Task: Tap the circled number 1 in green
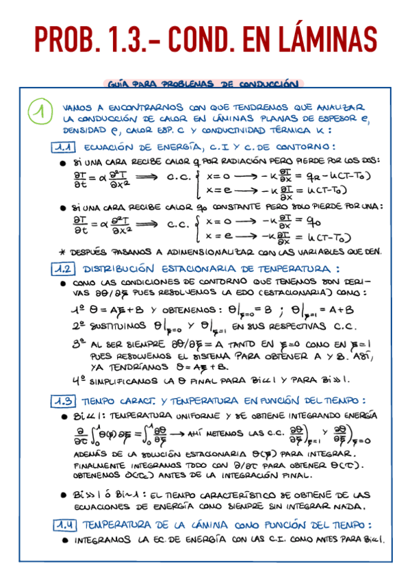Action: (40, 112)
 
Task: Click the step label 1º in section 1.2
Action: (77, 309)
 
